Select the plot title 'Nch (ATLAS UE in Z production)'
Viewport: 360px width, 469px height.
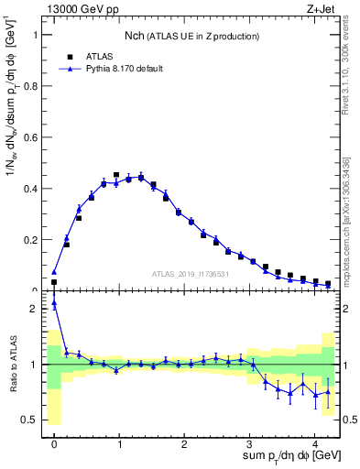pyautogui.click(x=191, y=36)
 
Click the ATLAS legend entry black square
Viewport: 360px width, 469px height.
pyautogui.click(x=70, y=56)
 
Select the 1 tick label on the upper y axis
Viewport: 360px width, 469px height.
pyautogui.click(x=36, y=35)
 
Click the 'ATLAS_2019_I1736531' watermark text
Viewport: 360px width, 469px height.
pyautogui.click(x=193, y=273)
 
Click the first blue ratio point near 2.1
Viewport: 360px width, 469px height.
pyautogui.click(x=54, y=303)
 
